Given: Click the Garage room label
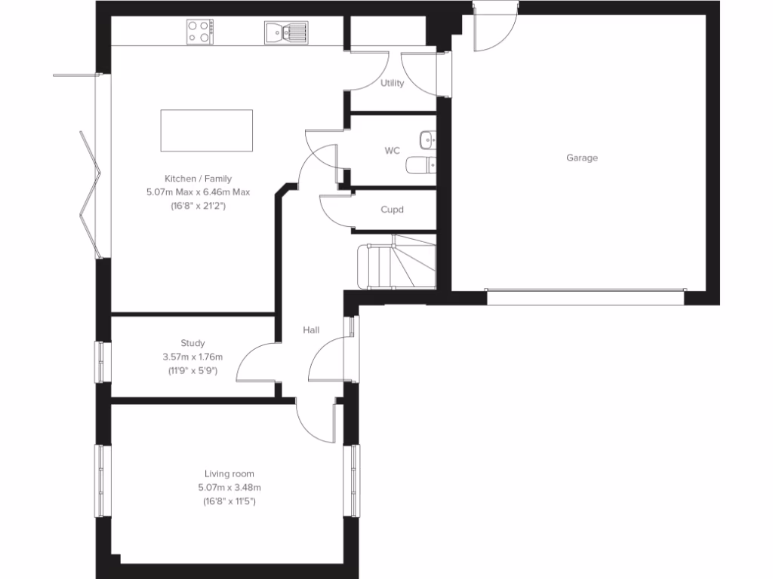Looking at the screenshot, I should click(582, 158).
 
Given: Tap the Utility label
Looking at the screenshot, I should click(392, 83).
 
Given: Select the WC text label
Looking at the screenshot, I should click(392, 151).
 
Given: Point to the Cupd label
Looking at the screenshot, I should click(392, 210).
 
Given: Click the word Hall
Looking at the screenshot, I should click(311, 330).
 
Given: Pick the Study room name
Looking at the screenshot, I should click(192, 343).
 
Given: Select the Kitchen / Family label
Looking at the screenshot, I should click(198, 179).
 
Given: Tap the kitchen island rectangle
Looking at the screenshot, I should click(206, 130).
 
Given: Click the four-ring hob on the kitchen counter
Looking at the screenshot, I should click(200, 32).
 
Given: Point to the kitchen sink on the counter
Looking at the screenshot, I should click(285, 32).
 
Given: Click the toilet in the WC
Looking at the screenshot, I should click(420, 164).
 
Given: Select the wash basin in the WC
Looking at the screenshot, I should click(428, 139).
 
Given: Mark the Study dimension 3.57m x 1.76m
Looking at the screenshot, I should click(192, 357).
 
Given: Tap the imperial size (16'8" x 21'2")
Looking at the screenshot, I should click(198, 205).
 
